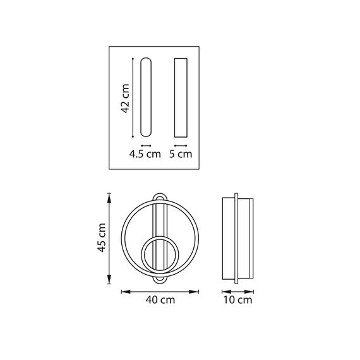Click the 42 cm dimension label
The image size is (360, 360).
click(125, 99)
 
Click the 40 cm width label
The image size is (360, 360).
click(160, 301)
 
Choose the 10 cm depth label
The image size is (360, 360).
click(238, 301)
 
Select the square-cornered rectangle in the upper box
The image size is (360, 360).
click(180, 97)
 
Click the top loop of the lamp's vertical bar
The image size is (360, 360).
click(160, 198)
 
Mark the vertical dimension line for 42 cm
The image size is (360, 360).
click(133, 97)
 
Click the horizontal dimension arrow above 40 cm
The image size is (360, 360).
click(160, 291)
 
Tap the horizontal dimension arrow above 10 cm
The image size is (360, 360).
click(238, 291)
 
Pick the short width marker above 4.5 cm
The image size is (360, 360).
click(146, 145)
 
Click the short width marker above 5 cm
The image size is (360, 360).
click(180, 145)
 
